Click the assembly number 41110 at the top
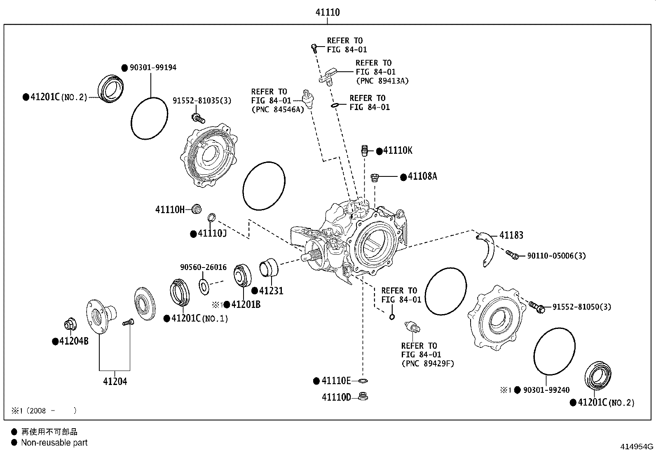(328, 12)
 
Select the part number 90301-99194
(153, 67)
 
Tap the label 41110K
(398, 150)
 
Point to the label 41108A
(422, 176)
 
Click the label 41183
(511, 235)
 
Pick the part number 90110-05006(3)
(556, 256)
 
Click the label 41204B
(74, 342)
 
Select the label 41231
(271, 291)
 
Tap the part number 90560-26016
(203, 268)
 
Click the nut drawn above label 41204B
(69, 325)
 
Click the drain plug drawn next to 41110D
(363, 397)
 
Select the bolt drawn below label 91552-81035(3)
(198, 118)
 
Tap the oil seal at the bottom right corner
(598, 375)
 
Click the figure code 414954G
(637, 446)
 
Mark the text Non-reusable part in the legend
(54, 443)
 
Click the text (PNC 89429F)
(427, 364)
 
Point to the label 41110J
(212, 234)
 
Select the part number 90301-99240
(546, 390)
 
